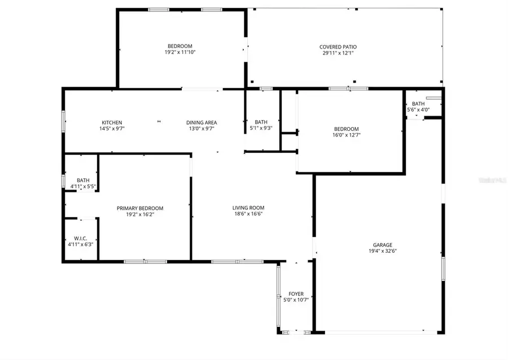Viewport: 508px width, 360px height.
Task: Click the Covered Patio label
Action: pyautogui.click(x=338, y=47)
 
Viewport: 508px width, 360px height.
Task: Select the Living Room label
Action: pyautogui.click(x=248, y=208)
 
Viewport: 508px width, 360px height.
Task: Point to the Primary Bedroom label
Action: pyautogui.click(x=140, y=208)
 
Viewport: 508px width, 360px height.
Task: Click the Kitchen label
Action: pyautogui.click(x=112, y=122)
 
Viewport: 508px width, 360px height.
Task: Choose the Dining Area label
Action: pyautogui.click(x=202, y=122)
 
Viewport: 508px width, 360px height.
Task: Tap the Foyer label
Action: pyautogui.click(x=296, y=293)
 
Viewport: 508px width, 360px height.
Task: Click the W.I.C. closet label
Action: pyautogui.click(x=80, y=238)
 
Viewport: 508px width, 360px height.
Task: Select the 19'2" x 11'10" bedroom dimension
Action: pyautogui.click(x=179, y=52)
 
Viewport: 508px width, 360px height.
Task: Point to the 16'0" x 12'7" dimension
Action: pyautogui.click(x=346, y=135)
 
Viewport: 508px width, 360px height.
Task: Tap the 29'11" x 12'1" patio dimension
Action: pyautogui.click(x=338, y=53)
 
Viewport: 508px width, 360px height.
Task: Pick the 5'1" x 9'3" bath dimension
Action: pyautogui.click(x=261, y=128)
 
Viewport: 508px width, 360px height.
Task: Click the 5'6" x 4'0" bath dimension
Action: pyautogui.click(x=418, y=109)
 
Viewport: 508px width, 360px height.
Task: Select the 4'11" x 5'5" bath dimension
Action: pyautogui.click(x=82, y=186)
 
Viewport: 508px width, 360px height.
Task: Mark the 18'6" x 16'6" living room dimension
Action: pyautogui.click(x=248, y=214)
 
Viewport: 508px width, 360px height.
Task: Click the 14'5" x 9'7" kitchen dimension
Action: pyautogui.click(x=112, y=129)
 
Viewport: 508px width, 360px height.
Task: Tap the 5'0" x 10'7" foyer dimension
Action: pyautogui.click(x=296, y=300)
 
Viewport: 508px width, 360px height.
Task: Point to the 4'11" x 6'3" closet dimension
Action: pyautogui.click(x=80, y=244)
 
